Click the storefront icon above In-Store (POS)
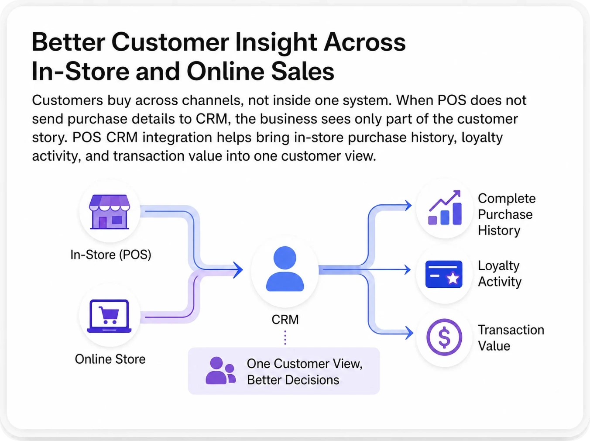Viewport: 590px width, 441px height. [x=110, y=212]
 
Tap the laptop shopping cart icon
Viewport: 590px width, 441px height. [x=109, y=316]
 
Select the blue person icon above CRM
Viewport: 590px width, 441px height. [x=285, y=269]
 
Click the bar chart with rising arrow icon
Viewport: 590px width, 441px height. [x=445, y=207]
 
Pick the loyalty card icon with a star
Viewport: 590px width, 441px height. [x=444, y=274]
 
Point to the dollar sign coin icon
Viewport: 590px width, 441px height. [x=444, y=337]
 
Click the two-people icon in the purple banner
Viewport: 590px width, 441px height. [x=220, y=370]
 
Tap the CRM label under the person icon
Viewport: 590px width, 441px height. [x=285, y=320]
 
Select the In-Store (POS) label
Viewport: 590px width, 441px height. [x=111, y=255]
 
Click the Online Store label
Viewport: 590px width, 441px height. [x=110, y=359]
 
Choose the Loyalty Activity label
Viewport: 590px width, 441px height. [x=500, y=274]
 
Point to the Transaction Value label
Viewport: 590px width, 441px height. [x=511, y=338]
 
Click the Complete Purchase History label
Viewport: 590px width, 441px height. [x=507, y=214]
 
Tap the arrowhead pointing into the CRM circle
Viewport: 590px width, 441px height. [x=238, y=270]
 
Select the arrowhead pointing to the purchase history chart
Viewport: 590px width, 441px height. [x=408, y=206]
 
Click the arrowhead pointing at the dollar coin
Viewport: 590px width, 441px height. [x=409, y=333]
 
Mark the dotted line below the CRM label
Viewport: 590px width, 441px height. [x=285, y=338]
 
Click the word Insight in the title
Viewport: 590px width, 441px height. [x=276, y=43]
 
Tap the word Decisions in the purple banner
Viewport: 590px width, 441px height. [x=312, y=380]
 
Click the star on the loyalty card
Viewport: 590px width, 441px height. [x=453, y=278]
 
